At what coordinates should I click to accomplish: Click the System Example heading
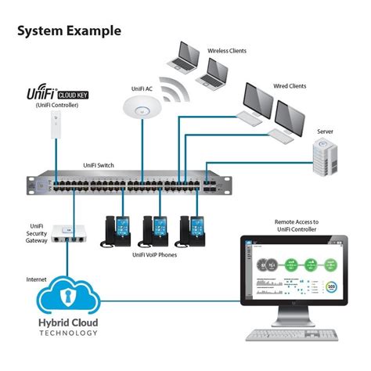pos(69,31)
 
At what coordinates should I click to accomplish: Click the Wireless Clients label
pos(226,51)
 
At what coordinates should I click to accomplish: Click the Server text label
pos(325,131)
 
